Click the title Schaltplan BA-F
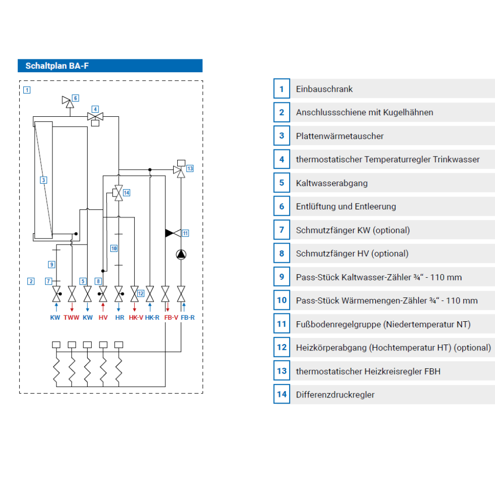point(57,66)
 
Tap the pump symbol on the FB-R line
point(181,254)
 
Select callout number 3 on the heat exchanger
point(44,180)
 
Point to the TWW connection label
point(71,318)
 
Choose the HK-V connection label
point(136,318)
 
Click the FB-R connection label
point(188,318)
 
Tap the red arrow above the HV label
point(103,307)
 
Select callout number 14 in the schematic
point(127,193)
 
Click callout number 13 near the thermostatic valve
point(190,169)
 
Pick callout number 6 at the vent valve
point(75,98)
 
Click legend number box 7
point(282,230)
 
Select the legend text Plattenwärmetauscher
point(340,136)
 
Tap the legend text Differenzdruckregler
point(335,395)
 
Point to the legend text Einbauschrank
point(324,89)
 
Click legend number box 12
point(282,347)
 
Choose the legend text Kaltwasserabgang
point(332,183)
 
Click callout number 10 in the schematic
point(114,248)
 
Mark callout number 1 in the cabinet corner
point(27,90)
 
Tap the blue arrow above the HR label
point(119,307)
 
